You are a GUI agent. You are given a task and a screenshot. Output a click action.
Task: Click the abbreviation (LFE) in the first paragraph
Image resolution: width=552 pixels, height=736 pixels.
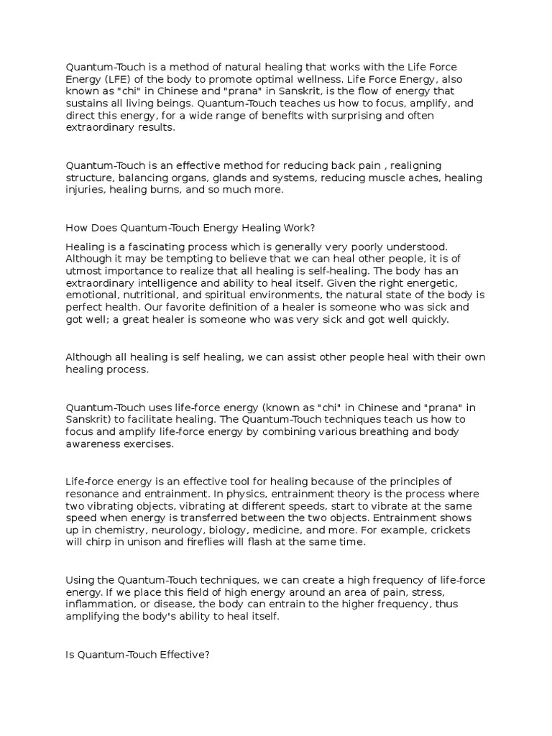click(x=109, y=80)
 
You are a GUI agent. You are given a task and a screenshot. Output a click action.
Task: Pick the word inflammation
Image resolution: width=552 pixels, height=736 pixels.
click(x=97, y=604)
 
